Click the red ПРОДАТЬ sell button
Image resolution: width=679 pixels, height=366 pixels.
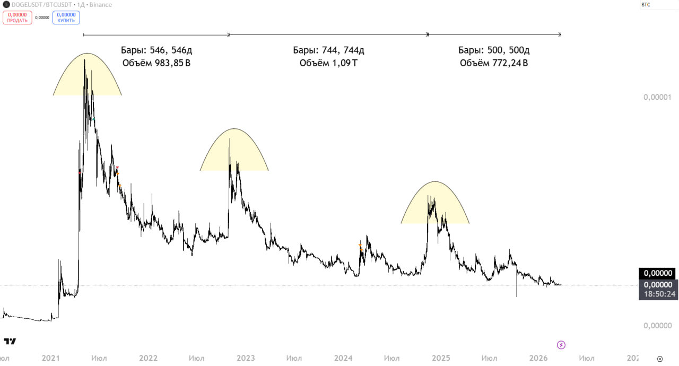point(18,18)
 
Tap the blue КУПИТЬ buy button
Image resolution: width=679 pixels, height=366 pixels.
point(66,18)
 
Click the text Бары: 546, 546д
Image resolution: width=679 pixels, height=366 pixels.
point(156,50)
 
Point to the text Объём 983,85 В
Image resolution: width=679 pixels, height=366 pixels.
point(156,63)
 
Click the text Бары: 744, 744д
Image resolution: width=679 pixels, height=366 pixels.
point(328,50)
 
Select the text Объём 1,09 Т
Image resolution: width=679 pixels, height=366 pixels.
point(328,63)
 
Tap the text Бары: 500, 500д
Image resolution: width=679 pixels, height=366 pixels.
point(494,50)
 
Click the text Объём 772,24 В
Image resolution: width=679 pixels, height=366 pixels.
point(494,63)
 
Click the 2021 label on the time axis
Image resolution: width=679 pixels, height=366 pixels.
point(51,358)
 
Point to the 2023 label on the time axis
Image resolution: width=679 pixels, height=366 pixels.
point(245,358)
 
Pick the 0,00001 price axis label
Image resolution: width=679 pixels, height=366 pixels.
point(657,97)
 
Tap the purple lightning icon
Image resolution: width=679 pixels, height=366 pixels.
point(561,345)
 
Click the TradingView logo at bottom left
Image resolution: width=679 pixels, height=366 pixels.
point(10,341)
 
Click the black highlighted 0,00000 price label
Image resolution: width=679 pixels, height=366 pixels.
point(657,274)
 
